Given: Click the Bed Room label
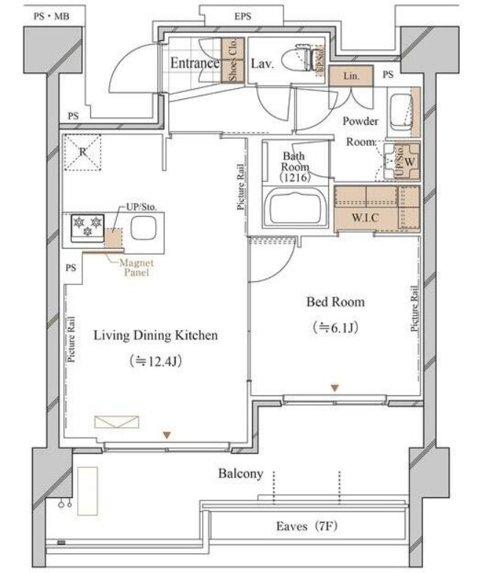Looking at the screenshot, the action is tap(336, 302).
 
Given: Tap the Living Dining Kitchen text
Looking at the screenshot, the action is tap(156, 336).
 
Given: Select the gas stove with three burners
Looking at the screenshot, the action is tap(87, 228).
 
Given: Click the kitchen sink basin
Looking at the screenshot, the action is tap(143, 228).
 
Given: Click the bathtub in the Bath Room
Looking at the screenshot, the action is tap(297, 206).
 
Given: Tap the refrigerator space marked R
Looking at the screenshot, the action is tap(82, 152).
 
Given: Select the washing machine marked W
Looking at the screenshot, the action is tap(402, 161).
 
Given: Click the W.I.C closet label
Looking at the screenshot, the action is tap(365, 218).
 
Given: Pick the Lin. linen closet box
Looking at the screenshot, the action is tap(351, 76).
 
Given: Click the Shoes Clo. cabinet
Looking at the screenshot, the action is tap(233, 60).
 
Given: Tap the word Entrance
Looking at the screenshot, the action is tap(195, 63).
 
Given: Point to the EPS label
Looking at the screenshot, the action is tap(243, 16).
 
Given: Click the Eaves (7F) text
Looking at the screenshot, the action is tap(307, 526).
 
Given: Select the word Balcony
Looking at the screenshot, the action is tap(241, 474).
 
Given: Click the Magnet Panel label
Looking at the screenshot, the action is tap(137, 267).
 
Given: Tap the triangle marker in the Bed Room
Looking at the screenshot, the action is tap(335, 388).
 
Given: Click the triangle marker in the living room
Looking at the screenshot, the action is tap(167, 435).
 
